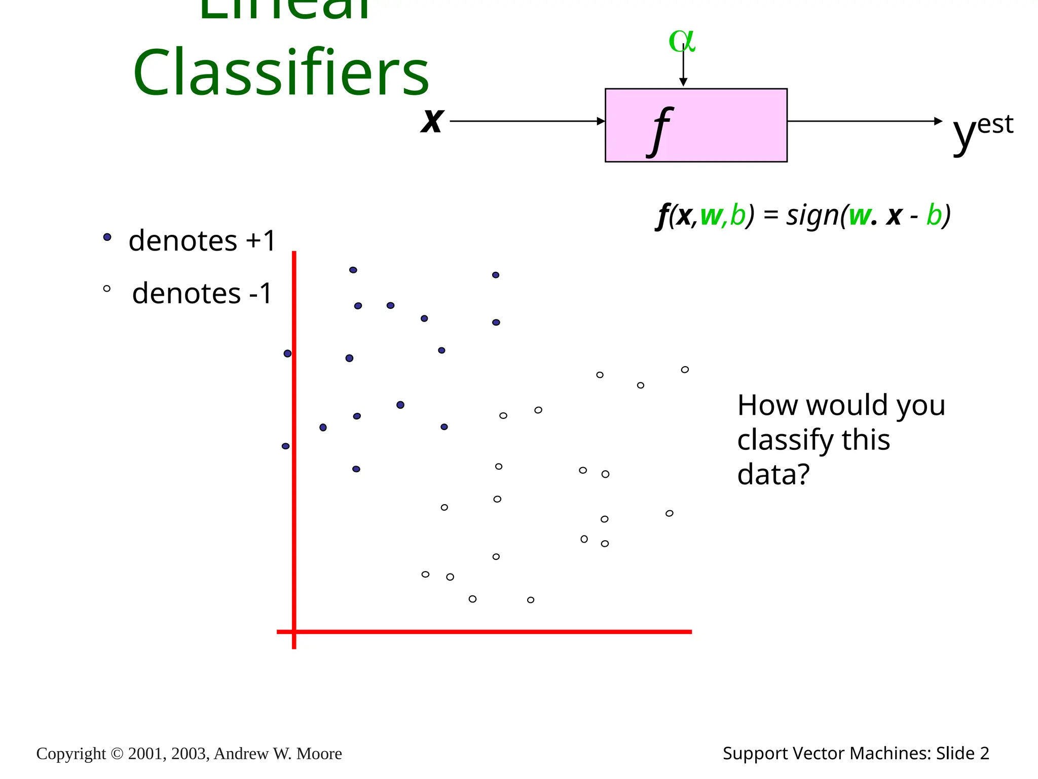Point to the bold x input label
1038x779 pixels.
432,121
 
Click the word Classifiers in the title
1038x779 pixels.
281,72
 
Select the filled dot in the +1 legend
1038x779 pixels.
107,237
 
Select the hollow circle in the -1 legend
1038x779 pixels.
106,289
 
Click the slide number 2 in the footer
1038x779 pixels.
984,753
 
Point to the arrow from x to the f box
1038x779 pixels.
527,121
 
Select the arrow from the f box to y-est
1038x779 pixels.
862,121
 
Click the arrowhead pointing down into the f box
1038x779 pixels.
683,82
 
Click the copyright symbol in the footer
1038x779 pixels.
117,754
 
